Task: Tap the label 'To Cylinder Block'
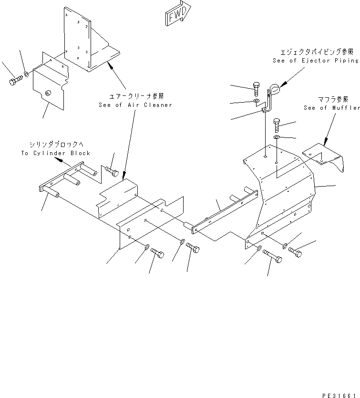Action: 55,153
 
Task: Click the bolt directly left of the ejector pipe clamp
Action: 256,89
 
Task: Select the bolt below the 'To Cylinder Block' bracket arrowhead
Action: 112,171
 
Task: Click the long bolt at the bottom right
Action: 272,257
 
